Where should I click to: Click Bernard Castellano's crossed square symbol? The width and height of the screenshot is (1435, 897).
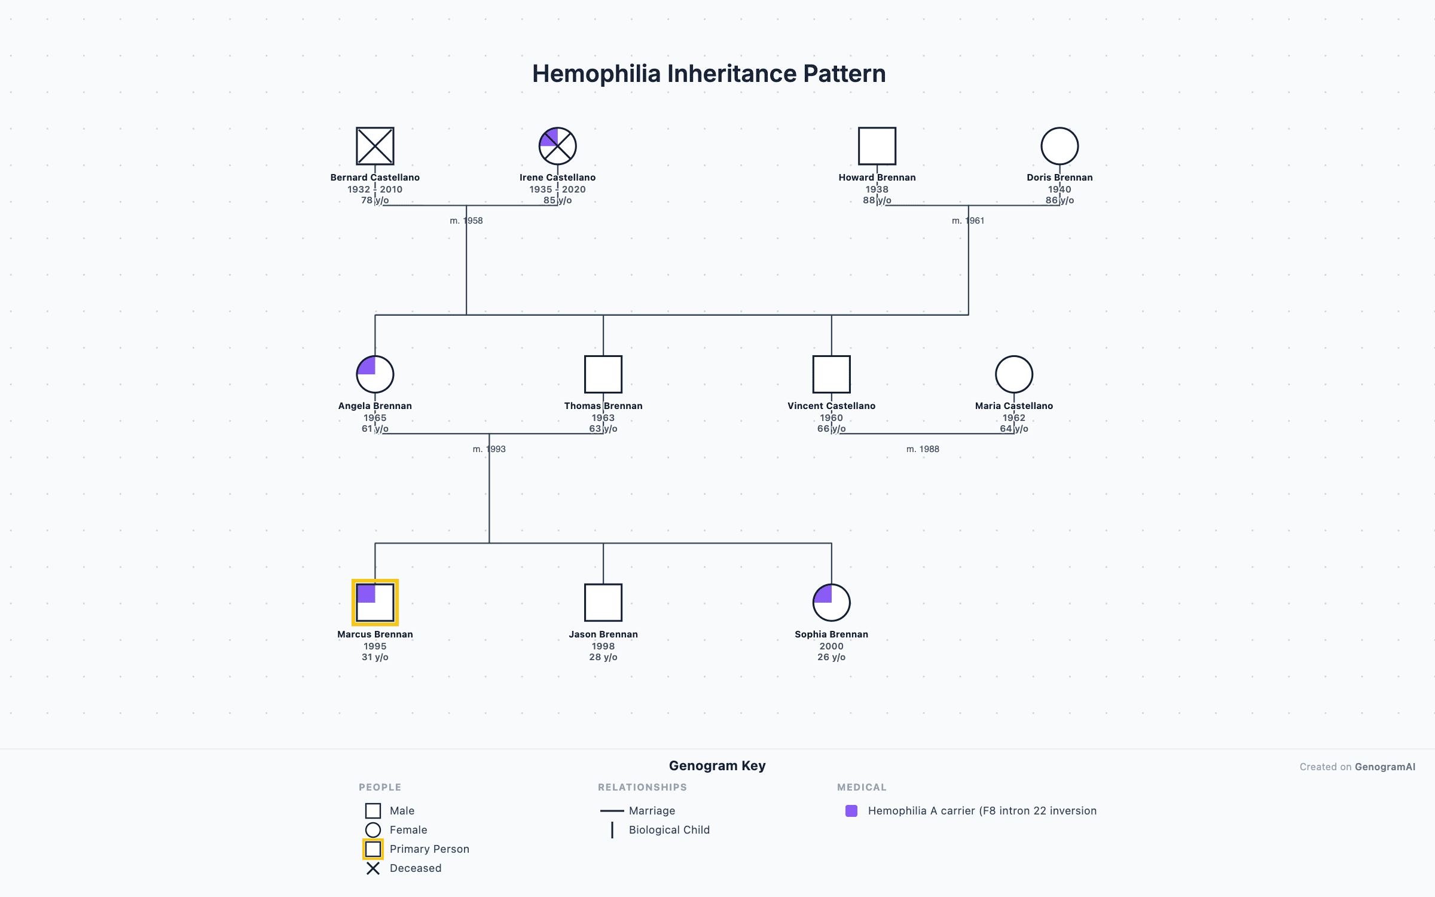tap(375, 146)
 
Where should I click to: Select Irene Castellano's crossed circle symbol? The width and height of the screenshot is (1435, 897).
tap(557, 146)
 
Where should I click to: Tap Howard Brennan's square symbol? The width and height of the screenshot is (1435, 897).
tap(877, 146)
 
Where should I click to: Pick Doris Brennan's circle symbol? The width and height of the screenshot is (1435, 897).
tap(1060, 146)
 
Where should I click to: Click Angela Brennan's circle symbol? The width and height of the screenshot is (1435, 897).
tap(375, 374)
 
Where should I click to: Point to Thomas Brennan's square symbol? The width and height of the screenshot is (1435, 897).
tap(603, 374)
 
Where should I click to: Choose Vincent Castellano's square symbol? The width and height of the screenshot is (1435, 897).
tap(832, 374)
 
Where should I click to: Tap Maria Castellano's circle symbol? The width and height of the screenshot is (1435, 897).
tap(1014, 374)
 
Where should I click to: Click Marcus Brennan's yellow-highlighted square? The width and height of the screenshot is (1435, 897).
tap(375, 603)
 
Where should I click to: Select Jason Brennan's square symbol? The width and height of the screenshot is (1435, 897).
tap(603, 603)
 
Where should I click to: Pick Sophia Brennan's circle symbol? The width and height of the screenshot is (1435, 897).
tap(832, 603)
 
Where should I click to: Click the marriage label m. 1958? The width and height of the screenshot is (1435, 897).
tap(466, 221)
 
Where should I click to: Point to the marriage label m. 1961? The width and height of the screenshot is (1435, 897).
tap(968, 221)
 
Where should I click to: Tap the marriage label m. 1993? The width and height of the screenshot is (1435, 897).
tap(489, 449)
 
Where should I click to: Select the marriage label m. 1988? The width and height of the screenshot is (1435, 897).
tap(923, 449)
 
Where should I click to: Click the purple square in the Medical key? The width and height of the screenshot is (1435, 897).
tap(851, 811)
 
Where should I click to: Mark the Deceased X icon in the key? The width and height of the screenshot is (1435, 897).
tap(373, 868)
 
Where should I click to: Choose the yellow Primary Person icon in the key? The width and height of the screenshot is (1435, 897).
tap(373, 849)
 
